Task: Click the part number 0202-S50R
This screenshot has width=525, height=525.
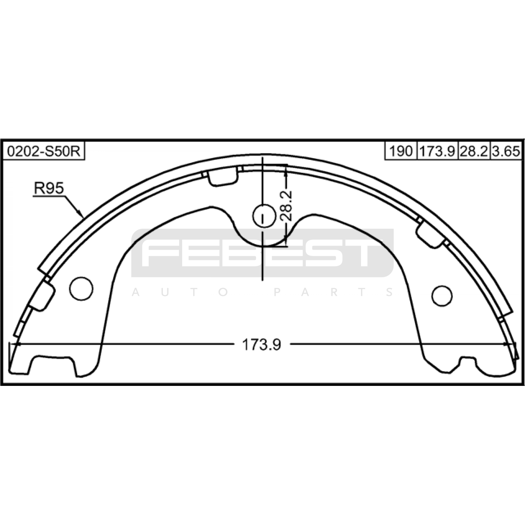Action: (x=44, y=152)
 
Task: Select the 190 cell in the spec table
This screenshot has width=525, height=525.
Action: (x=401, y=152)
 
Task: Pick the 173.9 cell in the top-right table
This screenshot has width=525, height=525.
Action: (x=437, y=152)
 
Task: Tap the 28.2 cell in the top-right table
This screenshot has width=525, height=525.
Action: (x=474, y=152)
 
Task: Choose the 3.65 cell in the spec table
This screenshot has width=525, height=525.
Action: (x=506, y=152)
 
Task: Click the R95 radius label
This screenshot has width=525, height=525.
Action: (x=49, y=189)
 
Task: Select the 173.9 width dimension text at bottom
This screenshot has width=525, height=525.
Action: (x=262, y=345)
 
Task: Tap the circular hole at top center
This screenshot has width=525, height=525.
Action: (x=264, y=216)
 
